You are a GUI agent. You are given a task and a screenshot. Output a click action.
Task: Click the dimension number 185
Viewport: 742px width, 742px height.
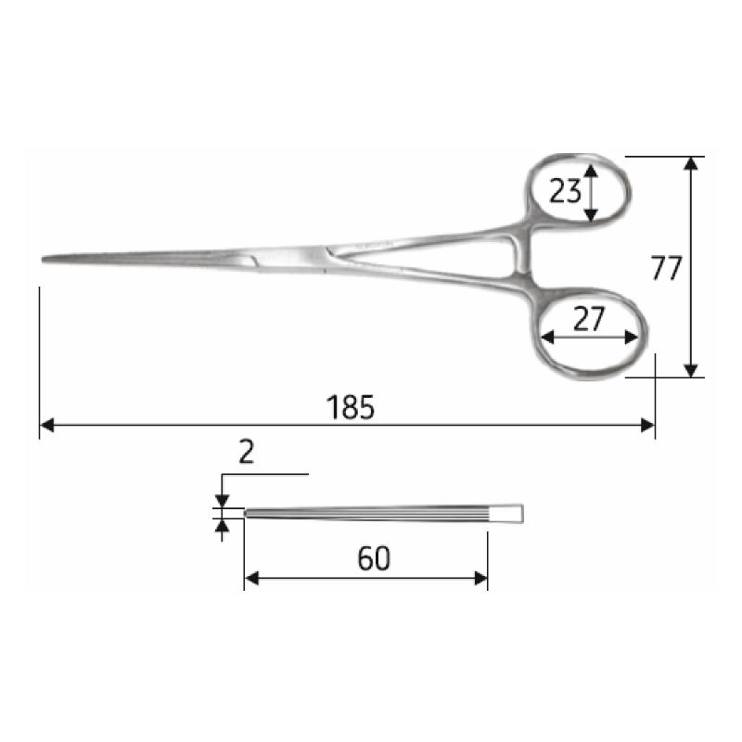[x=351, y=407]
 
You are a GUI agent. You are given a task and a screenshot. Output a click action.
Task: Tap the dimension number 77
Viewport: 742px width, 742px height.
[x=666, y=268]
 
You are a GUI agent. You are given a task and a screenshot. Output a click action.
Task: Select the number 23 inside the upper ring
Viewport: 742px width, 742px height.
[x=565, y=191]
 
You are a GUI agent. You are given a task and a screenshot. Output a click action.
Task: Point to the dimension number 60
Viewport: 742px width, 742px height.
[x=374, y=558]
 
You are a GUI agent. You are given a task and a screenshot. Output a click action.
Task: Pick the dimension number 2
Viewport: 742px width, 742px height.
[x=246, y=452]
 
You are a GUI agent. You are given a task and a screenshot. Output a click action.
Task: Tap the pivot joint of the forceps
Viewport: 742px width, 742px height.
[x=320, y=257]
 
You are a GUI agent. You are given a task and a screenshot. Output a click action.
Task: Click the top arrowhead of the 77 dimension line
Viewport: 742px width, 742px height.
[x=690, y=163]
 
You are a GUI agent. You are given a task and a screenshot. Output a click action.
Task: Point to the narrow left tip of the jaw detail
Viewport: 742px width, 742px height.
[x=248, y=512]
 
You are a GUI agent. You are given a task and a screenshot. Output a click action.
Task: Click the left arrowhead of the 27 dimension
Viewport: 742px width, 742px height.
[x=547, y=338]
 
